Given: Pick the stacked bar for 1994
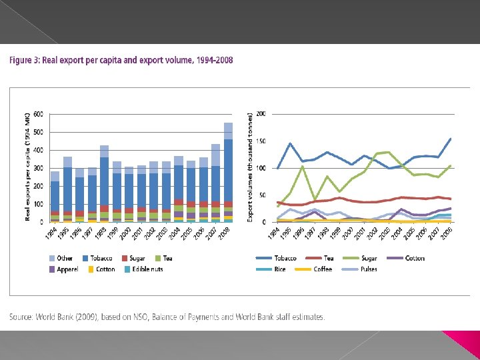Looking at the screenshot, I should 55,197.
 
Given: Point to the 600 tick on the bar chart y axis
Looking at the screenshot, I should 37,114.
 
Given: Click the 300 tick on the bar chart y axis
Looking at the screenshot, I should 37,168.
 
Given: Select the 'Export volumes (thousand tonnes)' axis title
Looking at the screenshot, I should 250,167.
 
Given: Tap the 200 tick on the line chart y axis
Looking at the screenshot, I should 261,114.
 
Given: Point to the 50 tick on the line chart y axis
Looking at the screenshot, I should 262,195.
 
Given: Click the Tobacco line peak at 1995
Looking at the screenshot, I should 289,143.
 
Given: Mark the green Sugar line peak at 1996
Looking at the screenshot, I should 302,166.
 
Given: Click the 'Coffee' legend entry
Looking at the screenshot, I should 323,269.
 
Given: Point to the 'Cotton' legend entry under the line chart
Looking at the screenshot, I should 413,258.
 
